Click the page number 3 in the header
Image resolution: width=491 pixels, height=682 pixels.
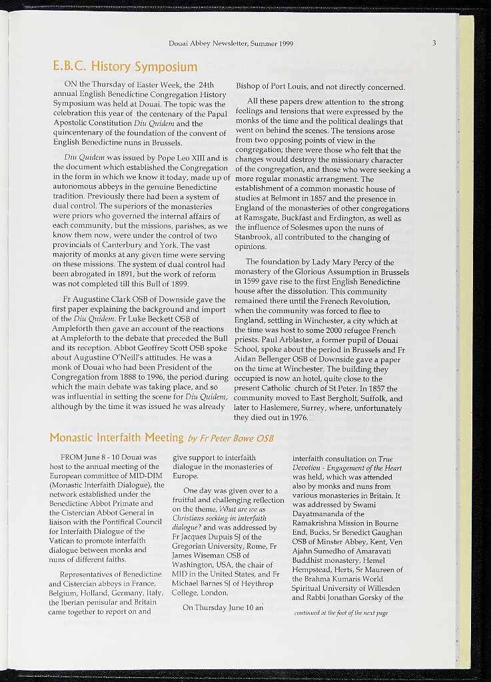pyautogui.click(x=434, y=43)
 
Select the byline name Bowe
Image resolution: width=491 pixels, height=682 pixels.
pyautogui.click(x=239, y=438)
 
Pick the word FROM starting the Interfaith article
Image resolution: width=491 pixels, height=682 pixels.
pyautogui.click(x=71, y=458)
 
